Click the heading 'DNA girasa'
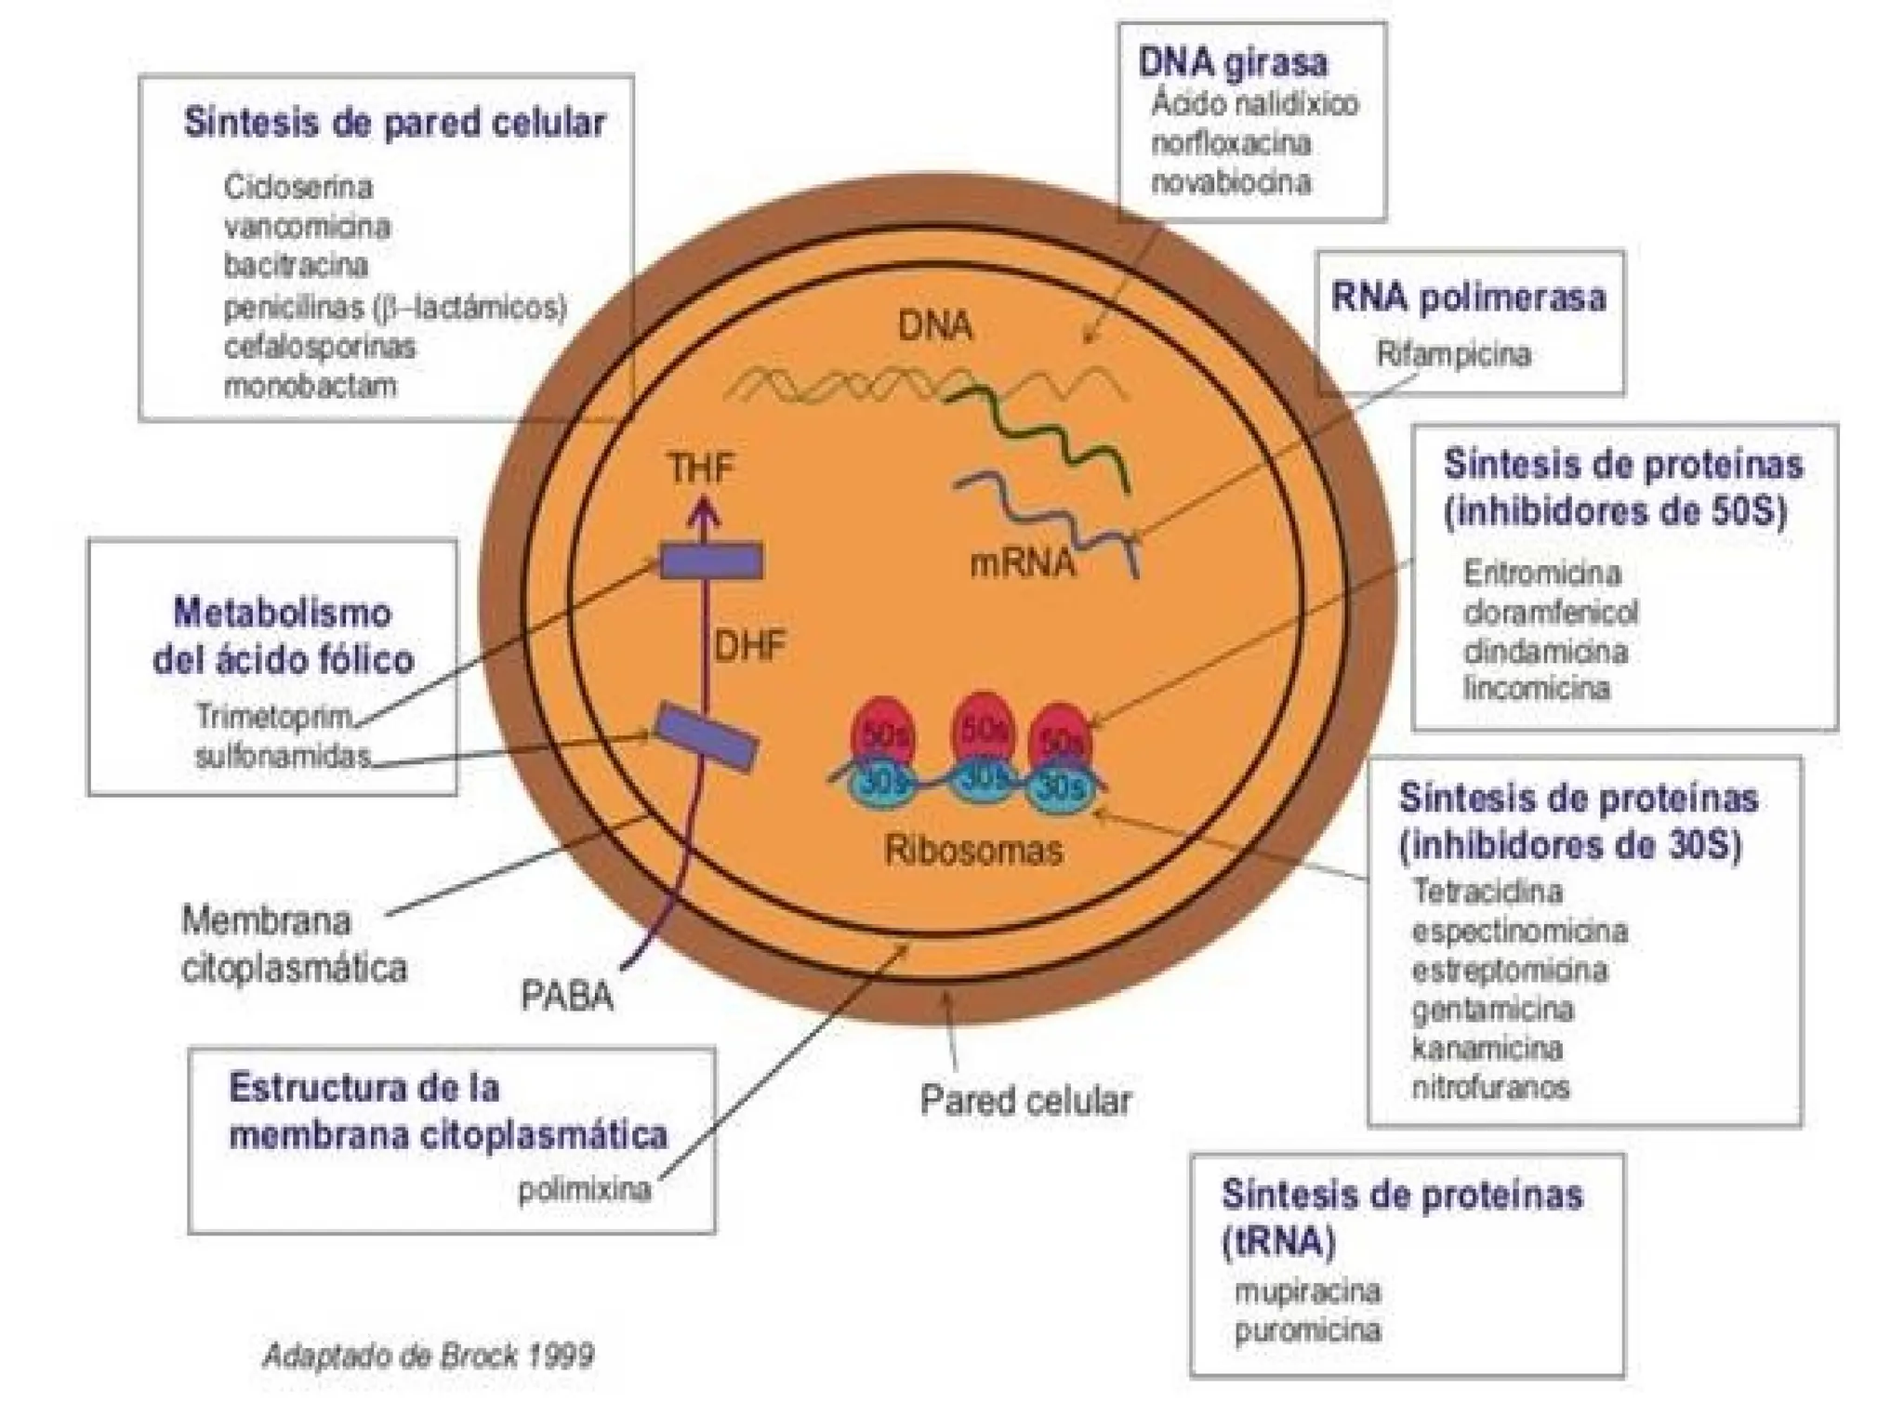(1233, 63)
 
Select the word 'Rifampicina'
(1453, 354)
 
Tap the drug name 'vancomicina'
(307, 226)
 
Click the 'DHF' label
(749, 645)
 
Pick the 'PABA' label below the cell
(567, 996)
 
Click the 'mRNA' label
(1022, 562)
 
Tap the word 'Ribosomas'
(973, 850)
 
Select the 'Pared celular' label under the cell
(1025, 1100)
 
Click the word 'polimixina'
(585, 1190)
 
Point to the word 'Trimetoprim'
(275, 717)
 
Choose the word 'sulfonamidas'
(283, 756)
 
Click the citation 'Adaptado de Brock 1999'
(429, 1355)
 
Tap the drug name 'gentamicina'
(1492, 1009)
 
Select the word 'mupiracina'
(1307, 1290)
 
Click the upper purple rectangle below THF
(711, 562)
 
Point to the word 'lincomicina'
(1536, 689)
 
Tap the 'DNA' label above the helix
(935, 325)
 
